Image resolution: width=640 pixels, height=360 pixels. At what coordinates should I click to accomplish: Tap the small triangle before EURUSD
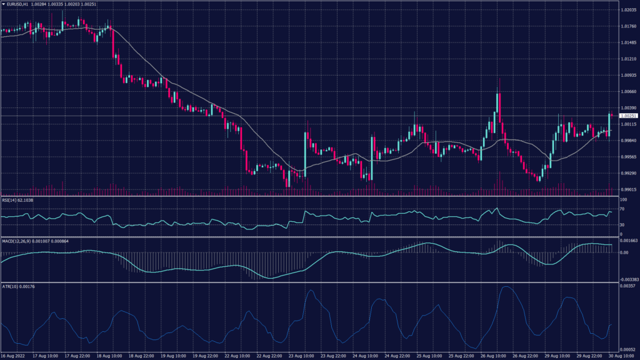coord(4,5)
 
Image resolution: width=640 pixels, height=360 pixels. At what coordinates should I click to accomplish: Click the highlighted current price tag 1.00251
coord(627,116)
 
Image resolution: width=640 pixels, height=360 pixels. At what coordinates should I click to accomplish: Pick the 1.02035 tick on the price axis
coord(627,10)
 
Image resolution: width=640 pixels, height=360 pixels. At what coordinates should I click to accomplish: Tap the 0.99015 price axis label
coord(627,190)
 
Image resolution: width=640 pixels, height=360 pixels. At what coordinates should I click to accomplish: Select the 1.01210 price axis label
coord(627,59)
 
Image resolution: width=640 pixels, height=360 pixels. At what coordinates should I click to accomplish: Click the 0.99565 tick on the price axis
coord(627,157)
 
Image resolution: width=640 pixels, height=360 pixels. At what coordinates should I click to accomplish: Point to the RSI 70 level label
coord(622,209)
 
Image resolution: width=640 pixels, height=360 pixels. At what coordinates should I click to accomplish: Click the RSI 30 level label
coord(622,224)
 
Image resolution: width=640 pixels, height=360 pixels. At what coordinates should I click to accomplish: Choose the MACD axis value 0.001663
coord(628,241)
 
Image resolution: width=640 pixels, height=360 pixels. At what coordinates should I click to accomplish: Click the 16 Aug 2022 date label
coord(12,356)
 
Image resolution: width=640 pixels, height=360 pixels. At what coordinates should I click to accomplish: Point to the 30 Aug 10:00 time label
coord(609,356)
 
